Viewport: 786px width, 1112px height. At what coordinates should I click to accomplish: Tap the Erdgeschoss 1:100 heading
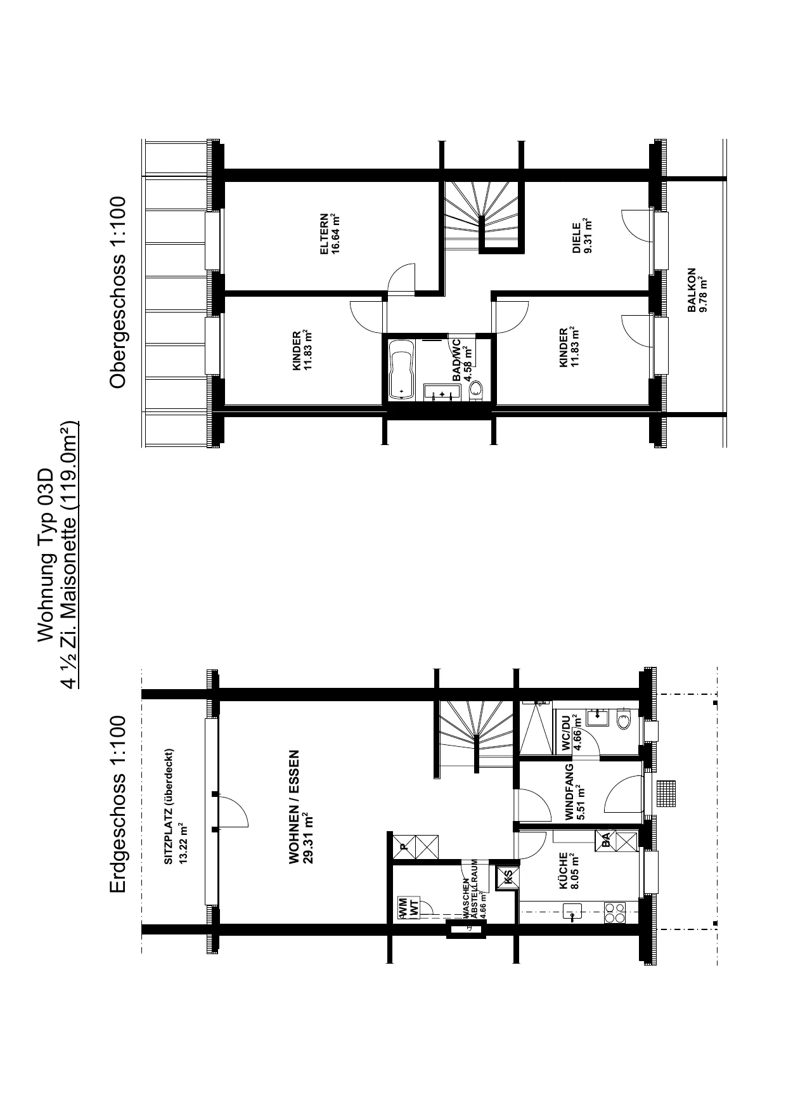tap(119, 806)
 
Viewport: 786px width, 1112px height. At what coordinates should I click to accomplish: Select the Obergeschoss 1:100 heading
tap(119, 292)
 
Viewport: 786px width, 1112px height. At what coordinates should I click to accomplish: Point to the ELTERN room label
tap(325, 234)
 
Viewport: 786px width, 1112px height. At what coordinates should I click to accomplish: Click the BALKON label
tap(692, 290)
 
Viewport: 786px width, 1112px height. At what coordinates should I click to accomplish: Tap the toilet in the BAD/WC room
tap(476, 391)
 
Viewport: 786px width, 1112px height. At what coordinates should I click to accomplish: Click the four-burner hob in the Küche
tap(614, 913)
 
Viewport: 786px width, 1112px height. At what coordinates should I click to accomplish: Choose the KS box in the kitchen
tap(508, 877)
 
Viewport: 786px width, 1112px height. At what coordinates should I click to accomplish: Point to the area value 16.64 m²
tap(336, 234)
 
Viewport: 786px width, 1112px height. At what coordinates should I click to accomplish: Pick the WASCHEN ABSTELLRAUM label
tap(470, 899)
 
